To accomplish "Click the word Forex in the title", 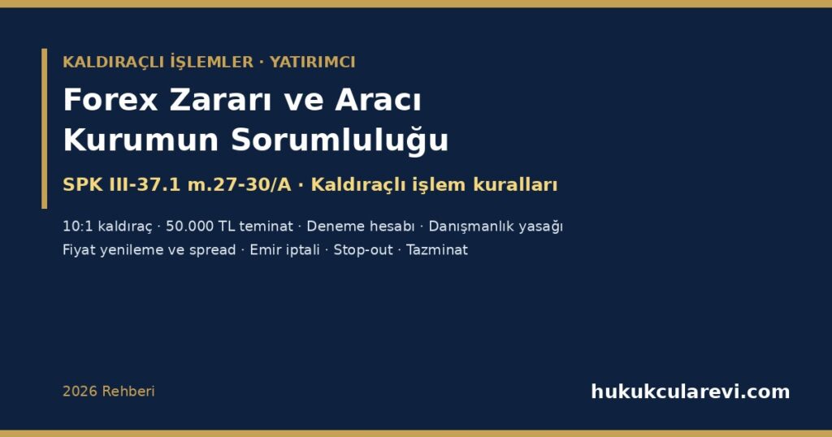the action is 110,100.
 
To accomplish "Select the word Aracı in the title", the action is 378,100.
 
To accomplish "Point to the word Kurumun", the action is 141,140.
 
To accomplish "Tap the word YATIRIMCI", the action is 313,62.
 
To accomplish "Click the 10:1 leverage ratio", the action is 78,227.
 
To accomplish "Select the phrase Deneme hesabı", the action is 361,227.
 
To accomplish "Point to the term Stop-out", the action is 363,250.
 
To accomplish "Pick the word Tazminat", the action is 437,250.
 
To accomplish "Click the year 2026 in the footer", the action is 80,392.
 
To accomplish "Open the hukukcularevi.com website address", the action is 691,392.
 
